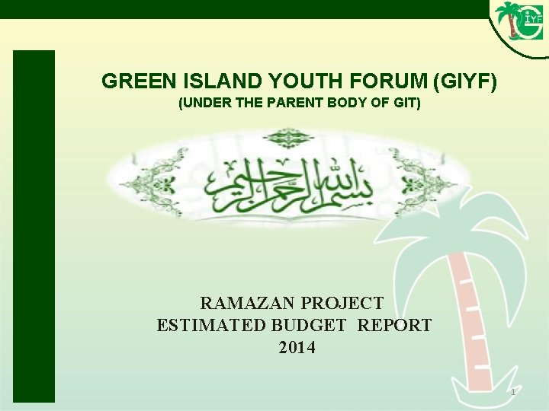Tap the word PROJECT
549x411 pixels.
pos(342,303)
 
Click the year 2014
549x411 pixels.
pos(297,349)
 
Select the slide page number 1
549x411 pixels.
pos(513,392)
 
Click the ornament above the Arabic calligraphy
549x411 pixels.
pos(284,138)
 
